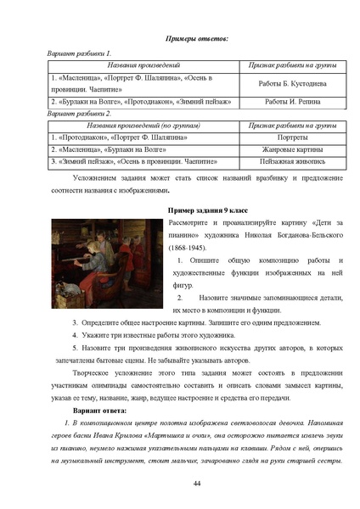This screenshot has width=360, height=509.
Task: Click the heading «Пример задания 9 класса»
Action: pyautogui.click(x=209, y=209)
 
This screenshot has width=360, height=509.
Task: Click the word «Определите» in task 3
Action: pyautogui.click(x=100, y=323)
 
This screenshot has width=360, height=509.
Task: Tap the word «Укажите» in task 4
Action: pyautogui.click(x=97, y=336)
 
